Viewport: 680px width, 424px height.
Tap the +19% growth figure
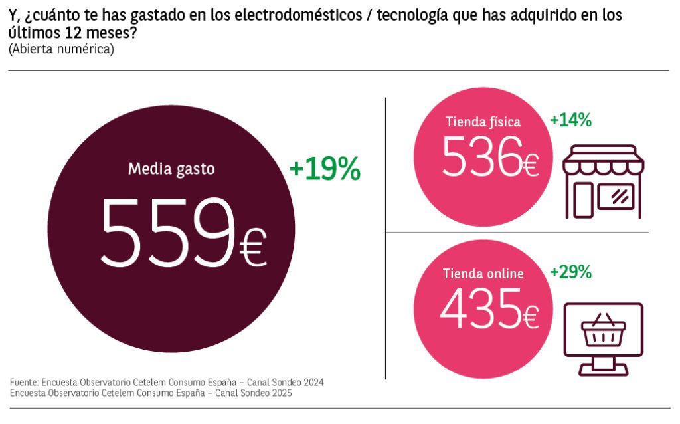(x=325, y=170)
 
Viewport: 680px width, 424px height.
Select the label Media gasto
(x=171, y=169)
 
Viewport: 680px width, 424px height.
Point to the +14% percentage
(x=570, y=120)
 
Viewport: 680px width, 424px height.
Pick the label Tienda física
(x=483, y=122)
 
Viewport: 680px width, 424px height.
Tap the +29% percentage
(x=570, y=272)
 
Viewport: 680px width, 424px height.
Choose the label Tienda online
(x=483, y=273)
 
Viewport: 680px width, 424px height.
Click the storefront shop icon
(x=603, y=181)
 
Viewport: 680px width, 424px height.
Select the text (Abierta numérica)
(x=61, y=49)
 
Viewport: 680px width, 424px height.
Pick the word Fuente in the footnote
(x=24, y=383)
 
